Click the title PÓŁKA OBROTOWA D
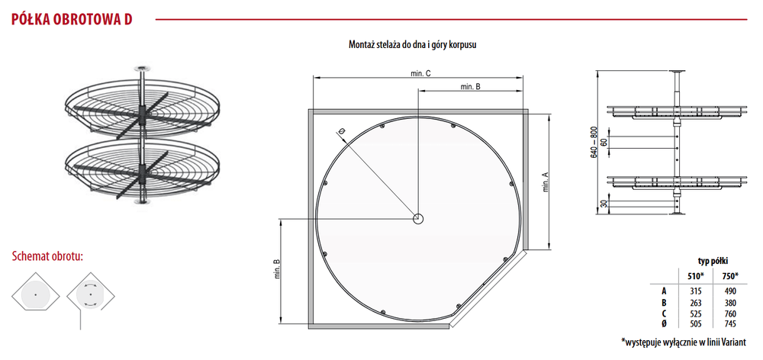pos(72,20)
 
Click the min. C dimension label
pos(420,73)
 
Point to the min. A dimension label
pos(546,182)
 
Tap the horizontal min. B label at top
pos(470,87)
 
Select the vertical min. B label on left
pos(277,272)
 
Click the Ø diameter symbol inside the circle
pos(342,131)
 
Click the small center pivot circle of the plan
pos(418,219)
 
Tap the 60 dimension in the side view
pos(604,142)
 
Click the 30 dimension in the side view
pos(604,204)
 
